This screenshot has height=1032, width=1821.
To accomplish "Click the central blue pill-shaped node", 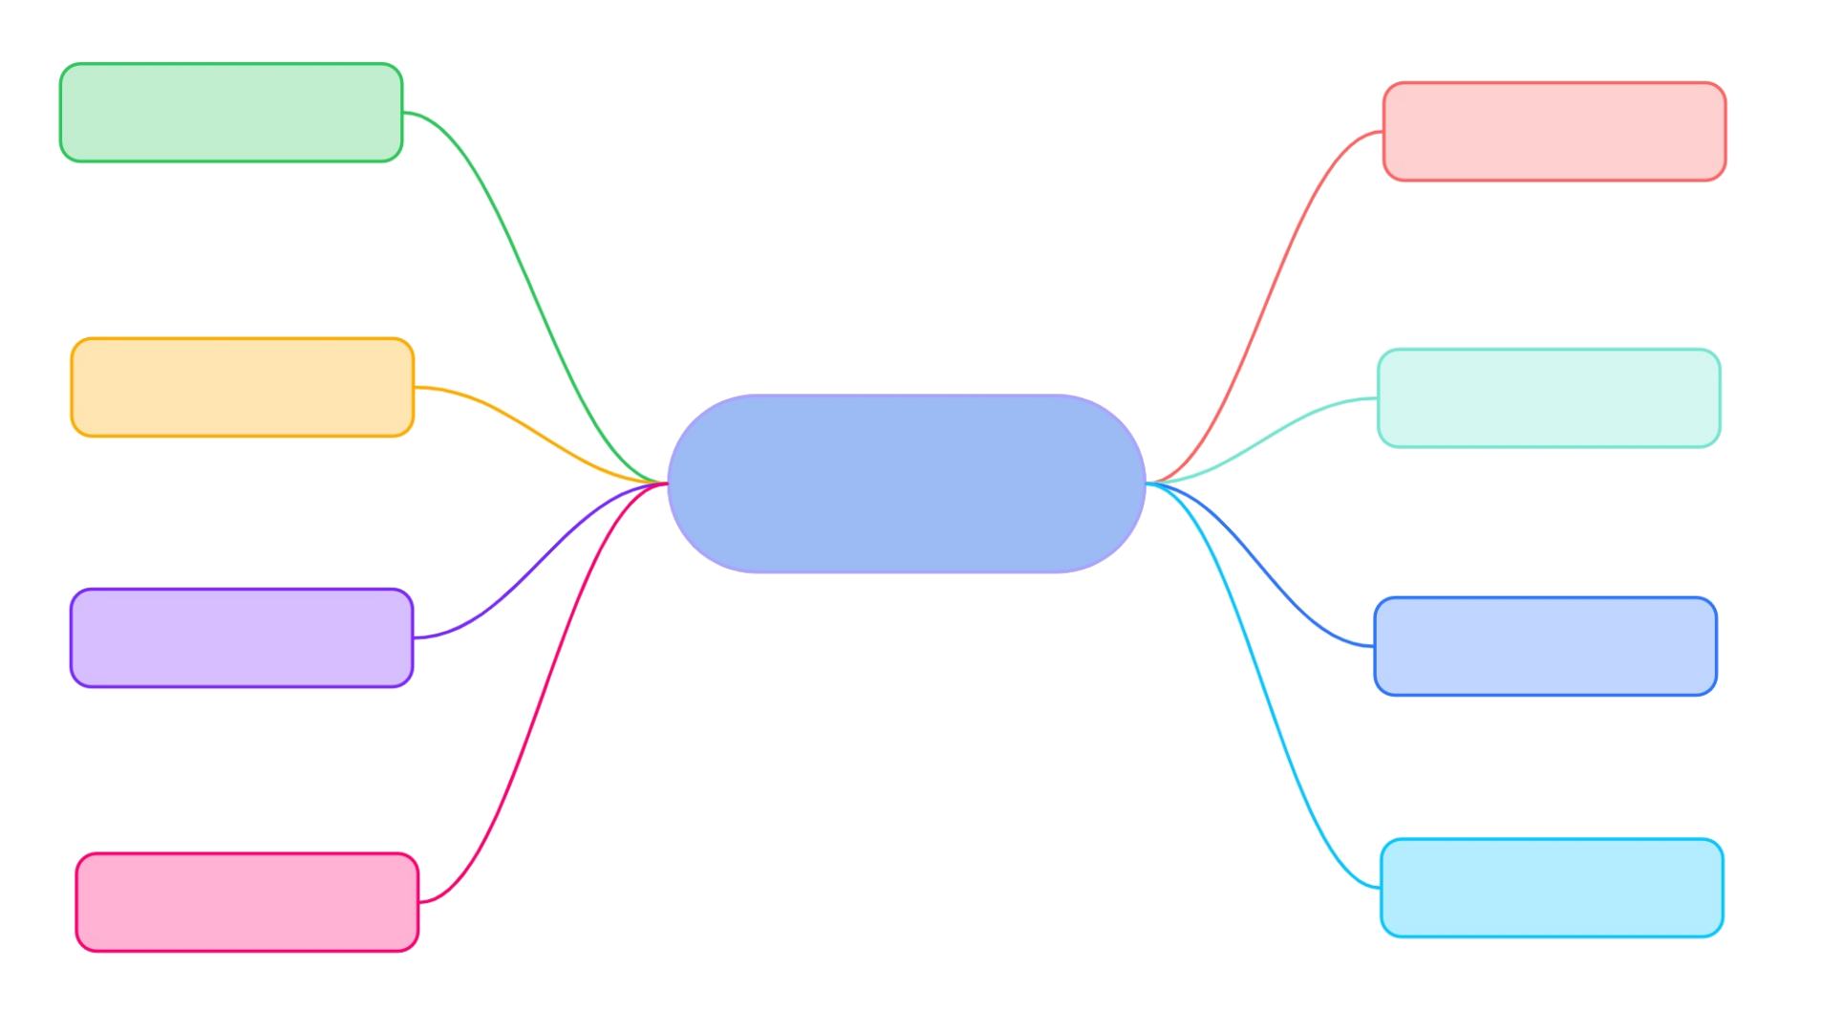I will pos(906,484).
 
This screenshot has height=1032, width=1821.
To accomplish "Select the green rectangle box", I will pos(231,113).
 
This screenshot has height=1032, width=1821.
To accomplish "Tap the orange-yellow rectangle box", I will pos(242,387).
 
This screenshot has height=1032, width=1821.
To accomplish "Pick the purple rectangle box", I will pos(242,637).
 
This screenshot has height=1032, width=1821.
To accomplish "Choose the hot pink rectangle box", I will pos(247,902).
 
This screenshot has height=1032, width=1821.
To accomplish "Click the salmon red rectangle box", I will pos(1553,131).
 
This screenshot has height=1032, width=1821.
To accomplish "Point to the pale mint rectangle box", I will pos(1549,398).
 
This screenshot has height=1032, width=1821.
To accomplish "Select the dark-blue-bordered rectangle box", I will pos(1545,646).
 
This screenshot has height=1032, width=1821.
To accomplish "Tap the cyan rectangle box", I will pos(1552,888).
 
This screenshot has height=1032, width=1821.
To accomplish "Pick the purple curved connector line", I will pos(535,564).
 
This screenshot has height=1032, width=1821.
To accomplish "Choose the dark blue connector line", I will pos(1271,573).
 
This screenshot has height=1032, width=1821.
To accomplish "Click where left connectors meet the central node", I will pos(666,484).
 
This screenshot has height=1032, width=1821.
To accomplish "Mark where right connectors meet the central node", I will pos(1147,484).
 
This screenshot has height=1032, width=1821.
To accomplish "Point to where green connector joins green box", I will pos(405,113).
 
